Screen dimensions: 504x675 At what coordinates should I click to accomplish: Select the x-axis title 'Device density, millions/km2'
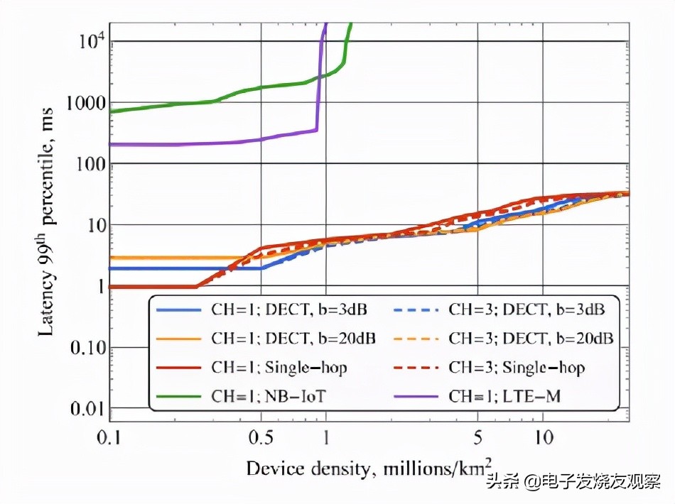tap(367, 468)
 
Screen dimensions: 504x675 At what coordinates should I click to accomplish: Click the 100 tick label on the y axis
tap(88, 164)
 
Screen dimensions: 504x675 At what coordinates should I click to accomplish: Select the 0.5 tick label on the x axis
tap(261, 437)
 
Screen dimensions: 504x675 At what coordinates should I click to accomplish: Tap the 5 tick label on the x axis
tap(477, 437)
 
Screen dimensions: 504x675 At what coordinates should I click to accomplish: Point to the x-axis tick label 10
tap(544, 437)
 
